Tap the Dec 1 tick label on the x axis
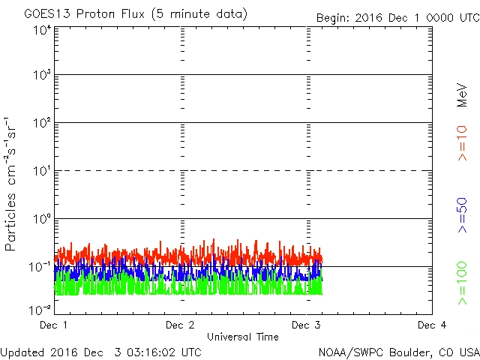coord(54,325)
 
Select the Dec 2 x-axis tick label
coord(180,325)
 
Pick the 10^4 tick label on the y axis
coord(41,30)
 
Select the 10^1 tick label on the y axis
coord(41,172)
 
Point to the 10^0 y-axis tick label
coord(41,219)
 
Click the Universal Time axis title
coord(242,337)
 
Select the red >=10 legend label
coord(463,143)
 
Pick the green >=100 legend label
coord(463,283)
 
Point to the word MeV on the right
coord(463,96)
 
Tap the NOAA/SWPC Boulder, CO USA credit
coord(397,351)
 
